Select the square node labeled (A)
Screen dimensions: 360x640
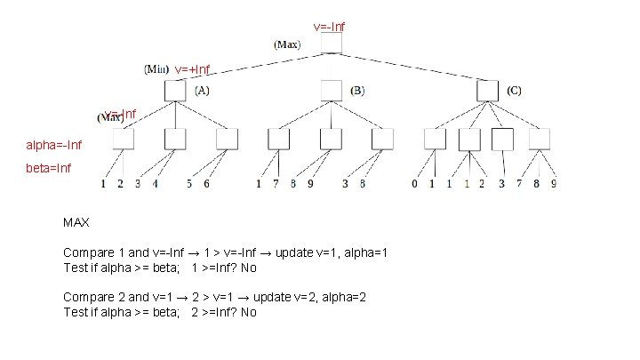174,90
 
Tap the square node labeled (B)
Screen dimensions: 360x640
331,90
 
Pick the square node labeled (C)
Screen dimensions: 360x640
487,90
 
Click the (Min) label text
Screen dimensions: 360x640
156,68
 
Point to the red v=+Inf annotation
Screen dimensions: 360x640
192,69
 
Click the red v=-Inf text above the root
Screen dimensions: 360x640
329,27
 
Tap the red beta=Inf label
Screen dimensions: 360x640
49,166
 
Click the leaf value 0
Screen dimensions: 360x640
414,184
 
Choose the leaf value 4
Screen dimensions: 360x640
155,184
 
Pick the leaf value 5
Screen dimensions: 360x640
189,184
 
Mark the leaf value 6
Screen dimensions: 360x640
206,184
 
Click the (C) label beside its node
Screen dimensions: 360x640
515,90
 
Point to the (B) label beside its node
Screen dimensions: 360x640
357,90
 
